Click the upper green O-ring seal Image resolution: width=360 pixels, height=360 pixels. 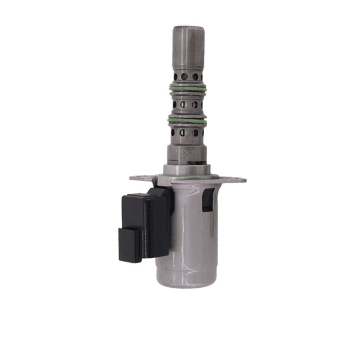point(187,88)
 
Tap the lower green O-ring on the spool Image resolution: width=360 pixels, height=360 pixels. point(187,121)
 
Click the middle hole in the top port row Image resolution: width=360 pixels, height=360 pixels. point(184,76)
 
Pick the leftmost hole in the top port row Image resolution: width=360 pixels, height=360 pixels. point(175,76)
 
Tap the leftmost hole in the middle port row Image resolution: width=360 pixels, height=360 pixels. point(175,105)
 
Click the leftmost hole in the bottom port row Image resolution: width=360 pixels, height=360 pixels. point(175,132)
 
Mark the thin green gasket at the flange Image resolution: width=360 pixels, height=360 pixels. point(187,176)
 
